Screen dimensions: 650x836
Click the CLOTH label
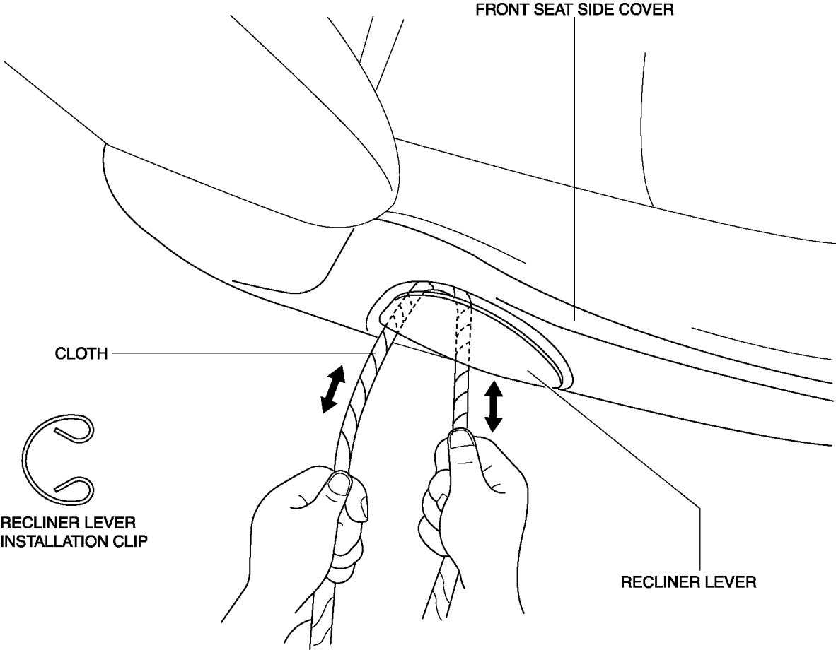81,354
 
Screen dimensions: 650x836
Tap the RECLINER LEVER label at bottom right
688,582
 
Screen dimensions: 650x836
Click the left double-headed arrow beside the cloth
332,388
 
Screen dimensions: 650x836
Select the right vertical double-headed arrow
493,406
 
